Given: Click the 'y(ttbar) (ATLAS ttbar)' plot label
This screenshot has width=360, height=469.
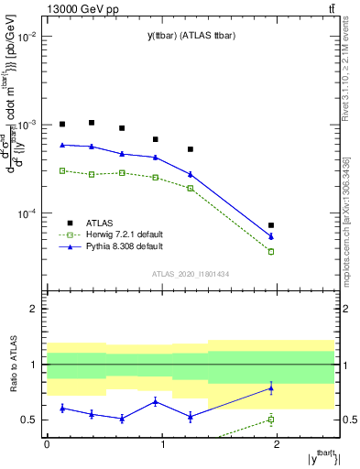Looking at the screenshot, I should click(x=183, y=36).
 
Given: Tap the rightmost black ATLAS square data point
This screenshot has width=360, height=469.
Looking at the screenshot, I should click(x=271, y=225).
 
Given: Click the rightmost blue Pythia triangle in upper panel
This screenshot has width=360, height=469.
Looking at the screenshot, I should click(x=271, y=236).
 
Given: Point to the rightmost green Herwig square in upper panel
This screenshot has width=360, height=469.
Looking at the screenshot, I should click(x=271, y=251).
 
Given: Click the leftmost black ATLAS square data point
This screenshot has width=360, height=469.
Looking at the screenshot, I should click(x=62, y=124).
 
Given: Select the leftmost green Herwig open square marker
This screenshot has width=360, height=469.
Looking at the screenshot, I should click(x=62, y=170).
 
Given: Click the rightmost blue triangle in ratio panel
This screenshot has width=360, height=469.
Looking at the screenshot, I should click(x=271, y=388).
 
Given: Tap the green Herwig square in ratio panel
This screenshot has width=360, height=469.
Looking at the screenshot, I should click(x=271, y=420).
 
